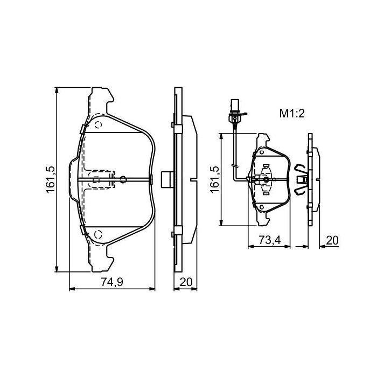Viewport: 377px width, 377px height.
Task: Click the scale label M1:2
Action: pos(292,113)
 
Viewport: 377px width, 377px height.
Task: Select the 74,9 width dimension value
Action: pos(112,281)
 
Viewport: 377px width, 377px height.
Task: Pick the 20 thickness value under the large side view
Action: pos(186,281)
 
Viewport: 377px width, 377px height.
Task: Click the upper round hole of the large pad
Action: pos(98,125)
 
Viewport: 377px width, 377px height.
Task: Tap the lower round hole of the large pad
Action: pos(98,234)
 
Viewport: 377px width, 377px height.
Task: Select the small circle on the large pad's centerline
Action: pos(123,179)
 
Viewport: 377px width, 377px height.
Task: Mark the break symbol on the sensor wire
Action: pos(234,163)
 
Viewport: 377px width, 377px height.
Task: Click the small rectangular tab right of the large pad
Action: pos(166,179)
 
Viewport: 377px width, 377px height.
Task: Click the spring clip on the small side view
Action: pos(301,179)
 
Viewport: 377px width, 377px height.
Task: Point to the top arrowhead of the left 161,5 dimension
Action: pos(57,90)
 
